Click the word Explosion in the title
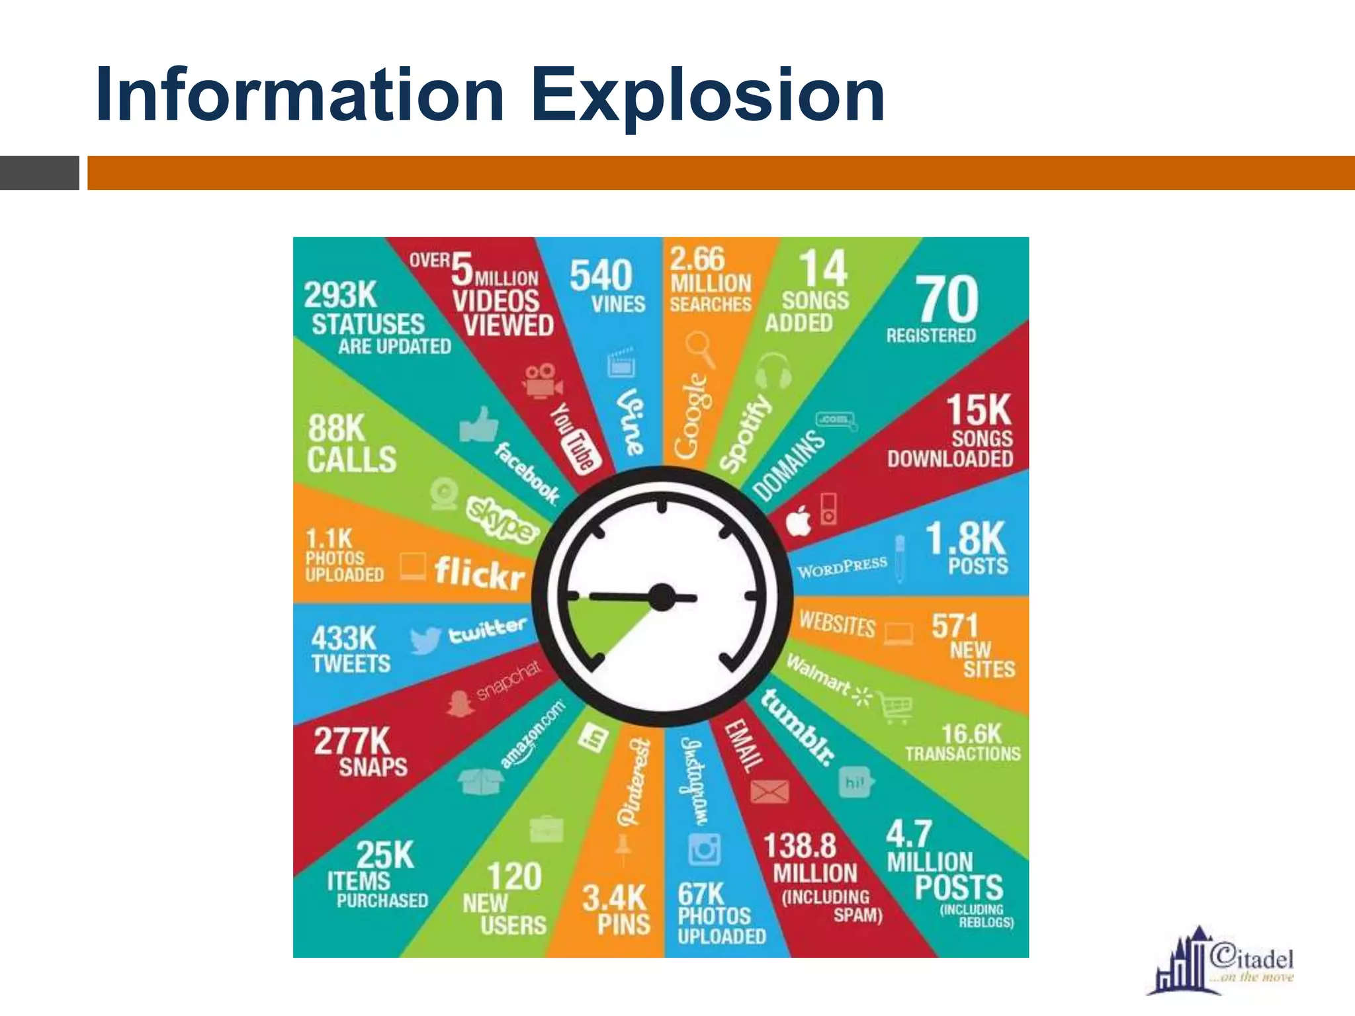(x=708, y=96)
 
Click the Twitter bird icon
(x=424, y=640)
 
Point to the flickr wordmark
(x=480, y=572)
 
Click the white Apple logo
(x=799, y=522)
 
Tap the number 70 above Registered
(x=947, y=299)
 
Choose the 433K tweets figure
(x=343, y=638)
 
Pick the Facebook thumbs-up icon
(x=479, y=424)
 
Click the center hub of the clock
(x=662, y=597)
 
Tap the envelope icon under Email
(x=769, y=791)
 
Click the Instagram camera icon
(x=703, y=849)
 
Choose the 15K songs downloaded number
(x=979, y=410)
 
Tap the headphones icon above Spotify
(x=773, y=370)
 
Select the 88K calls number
(x=336, y=428)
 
